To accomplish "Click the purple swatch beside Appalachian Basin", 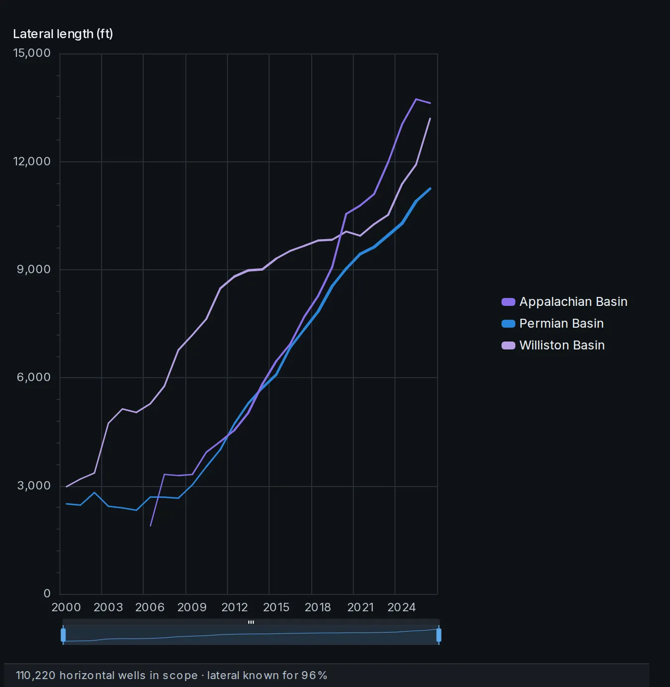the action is click(508, 302).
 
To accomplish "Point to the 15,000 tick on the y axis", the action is click(32, 53).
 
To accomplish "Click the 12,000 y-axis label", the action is click(32, 161).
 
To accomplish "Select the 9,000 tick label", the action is click(34, 269).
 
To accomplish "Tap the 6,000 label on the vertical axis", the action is click(34, 377).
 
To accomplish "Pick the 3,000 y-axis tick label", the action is click(34, 486).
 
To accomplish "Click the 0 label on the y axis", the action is click(47, 593).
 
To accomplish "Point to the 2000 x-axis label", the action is click(66, 607).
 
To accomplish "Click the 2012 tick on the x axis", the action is click(234, 607).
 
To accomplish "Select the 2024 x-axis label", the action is click(401, 607).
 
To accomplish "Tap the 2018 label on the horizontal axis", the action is click(318, 607).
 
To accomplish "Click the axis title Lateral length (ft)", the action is click(63, 34).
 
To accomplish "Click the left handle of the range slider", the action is click(63, 635).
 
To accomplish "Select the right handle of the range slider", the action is click(439, 635).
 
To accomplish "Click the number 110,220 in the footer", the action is click(36, 675).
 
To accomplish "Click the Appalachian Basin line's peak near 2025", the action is click(416, 99).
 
